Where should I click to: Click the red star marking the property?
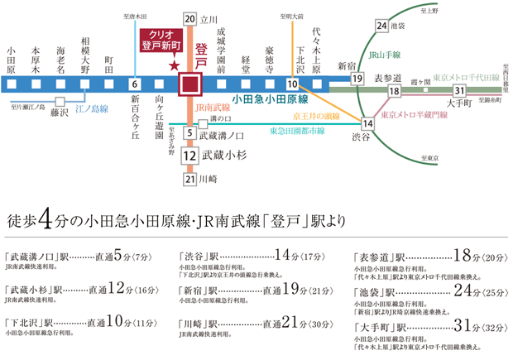[x=174, y=65]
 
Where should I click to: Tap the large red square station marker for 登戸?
[x=190, y=84]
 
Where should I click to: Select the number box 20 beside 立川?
[x=189, y=18]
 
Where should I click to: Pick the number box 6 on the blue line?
[x=134, y=84]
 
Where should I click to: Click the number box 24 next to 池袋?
[x=381, y=26]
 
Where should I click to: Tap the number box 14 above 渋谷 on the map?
[x=368, y=123]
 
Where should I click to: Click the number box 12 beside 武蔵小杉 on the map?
[x=189, y=155]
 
